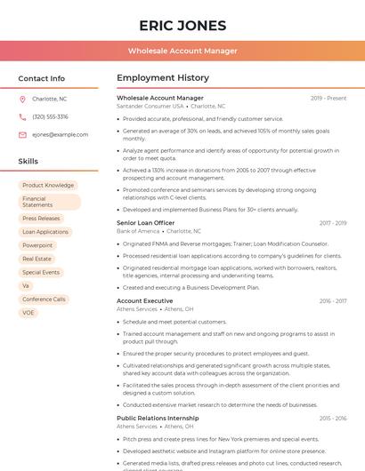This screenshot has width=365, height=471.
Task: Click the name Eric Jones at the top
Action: tap(182, 25)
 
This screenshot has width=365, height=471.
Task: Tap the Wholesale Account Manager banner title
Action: tap(182, 51)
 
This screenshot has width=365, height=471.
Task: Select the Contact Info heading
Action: tap(42, 78)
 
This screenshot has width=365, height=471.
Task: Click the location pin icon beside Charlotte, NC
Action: tap(22, 100)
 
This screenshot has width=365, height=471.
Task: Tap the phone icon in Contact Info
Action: tap(22, 116)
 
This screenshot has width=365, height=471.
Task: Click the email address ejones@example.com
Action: tap(54, 134)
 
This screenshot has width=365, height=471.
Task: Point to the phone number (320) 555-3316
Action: tap(50, 116)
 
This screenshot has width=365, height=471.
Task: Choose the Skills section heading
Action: tap(28, 162)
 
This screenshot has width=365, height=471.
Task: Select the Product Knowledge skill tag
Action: tap(48, 185)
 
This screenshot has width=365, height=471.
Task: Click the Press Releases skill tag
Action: tap(41, 218)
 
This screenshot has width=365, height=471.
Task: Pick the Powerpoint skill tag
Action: tap(37, 245)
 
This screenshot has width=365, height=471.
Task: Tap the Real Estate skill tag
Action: tap(36, 259)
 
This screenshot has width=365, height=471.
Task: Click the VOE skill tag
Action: tap(28, 313)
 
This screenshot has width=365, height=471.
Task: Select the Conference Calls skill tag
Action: tap(44, 299)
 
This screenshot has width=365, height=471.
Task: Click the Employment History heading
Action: tap(162, 78)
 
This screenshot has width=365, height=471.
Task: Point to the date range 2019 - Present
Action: tap(328, 98)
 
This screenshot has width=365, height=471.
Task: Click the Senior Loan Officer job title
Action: tap(145, 222)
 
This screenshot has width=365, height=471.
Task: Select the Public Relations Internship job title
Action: tap(157, 417)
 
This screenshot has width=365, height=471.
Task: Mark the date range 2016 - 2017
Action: tap(333, 301)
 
